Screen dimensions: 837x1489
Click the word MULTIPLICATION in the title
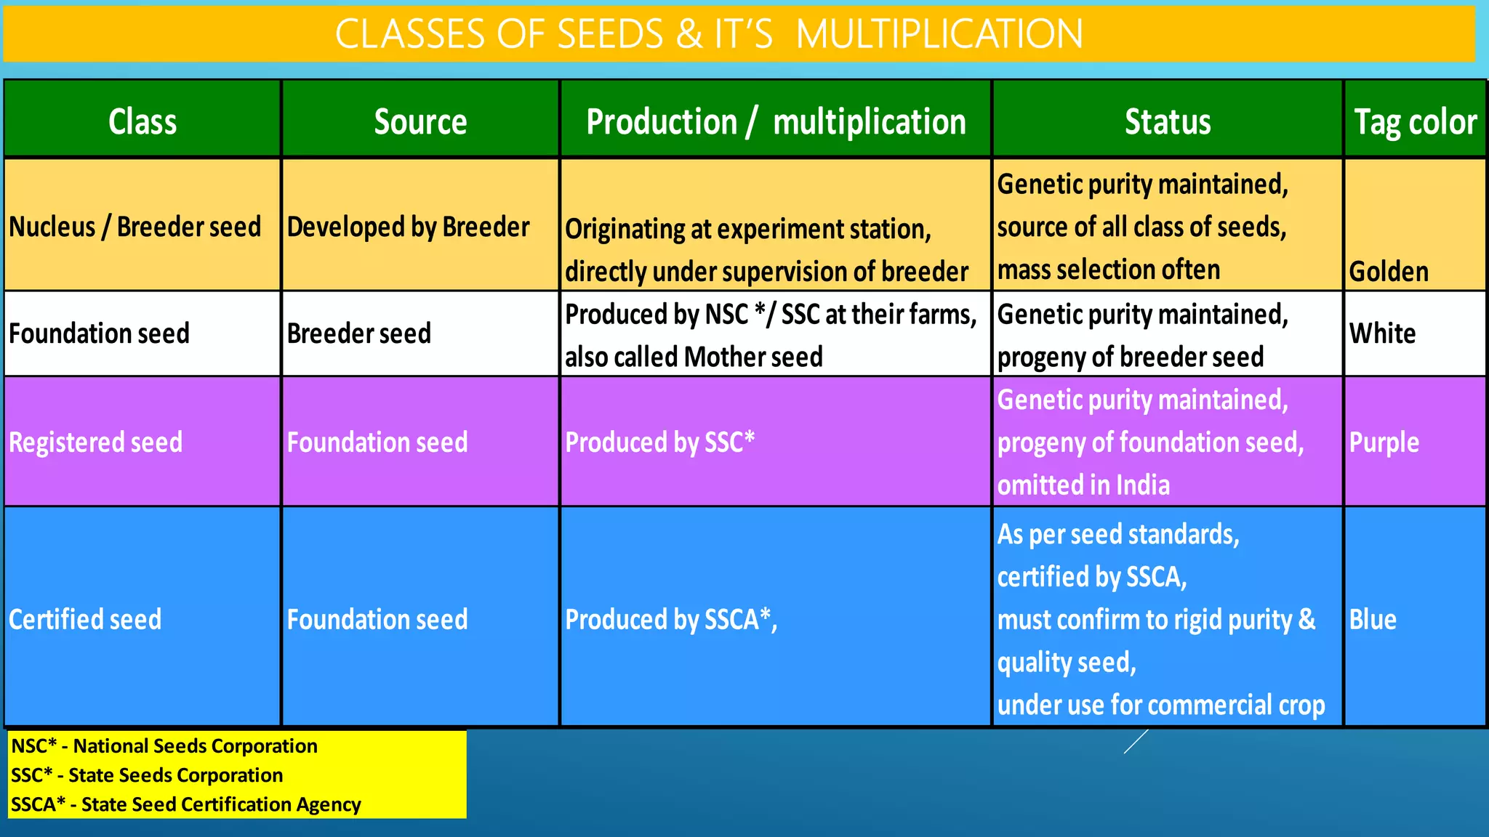coord(939,34)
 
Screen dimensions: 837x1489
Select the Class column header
coord(143,121)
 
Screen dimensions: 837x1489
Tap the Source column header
coord(420,121)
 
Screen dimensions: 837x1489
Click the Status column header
coord(1168,121)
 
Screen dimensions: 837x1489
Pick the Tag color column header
coord(1415,121)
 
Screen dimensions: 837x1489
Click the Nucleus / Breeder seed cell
coord(135,227)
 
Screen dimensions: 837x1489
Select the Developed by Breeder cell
coord(409,227)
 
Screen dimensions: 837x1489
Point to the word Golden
coord(1389,272)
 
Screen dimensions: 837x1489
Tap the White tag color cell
coord(1383,333)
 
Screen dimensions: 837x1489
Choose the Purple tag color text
coord(1384,442)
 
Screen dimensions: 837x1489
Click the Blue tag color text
coord(1373,620)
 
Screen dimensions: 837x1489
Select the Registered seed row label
coord(96,442)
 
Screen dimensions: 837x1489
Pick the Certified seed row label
coord(85,620)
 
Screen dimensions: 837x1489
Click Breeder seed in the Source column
coord(359,333)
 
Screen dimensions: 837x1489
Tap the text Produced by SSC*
coord(660,442)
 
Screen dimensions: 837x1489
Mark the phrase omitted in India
coord(1083,485)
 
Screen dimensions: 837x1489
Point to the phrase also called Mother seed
coord(694,357)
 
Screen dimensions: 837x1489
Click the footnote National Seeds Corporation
coord(195,746)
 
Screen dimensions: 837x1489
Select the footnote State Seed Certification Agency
coord(221,804)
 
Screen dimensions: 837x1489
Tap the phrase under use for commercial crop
coord(1160,705)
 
